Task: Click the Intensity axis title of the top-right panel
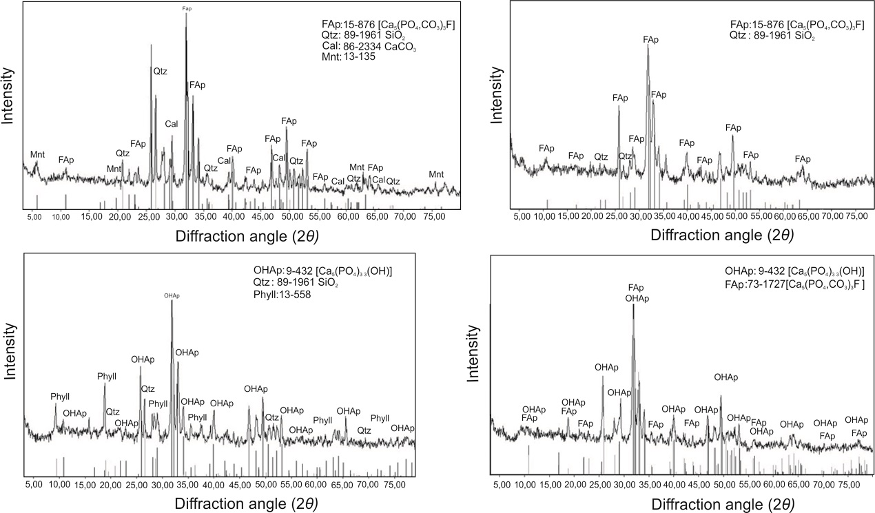(495, 96)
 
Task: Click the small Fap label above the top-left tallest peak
(187, 9)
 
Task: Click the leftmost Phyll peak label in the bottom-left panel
(60, 397)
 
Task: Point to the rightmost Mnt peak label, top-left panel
(437, 174)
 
